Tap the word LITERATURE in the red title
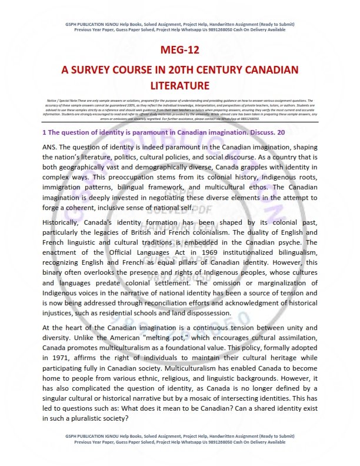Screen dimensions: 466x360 (x=179, y=86)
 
